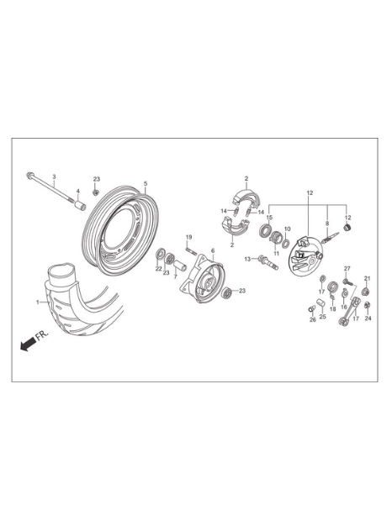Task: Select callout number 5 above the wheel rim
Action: [x=146, y=183]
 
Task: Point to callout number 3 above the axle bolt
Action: [x=54, y=176]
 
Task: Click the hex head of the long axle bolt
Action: [x=29, y=174]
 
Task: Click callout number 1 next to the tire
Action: [x=38, y=302]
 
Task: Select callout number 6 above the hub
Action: [x=213, y=250]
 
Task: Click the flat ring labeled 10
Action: [x=286, y=243]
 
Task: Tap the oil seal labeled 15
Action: [x=266, y=230]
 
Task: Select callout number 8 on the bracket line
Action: [x=327, y=224]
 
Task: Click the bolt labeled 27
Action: [x=348, y=282]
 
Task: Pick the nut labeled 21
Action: [x=367, y=292]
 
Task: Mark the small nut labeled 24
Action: [x=368, y=305]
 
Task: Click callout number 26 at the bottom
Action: [x=313, y=319]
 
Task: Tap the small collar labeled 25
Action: [x=320, y=303]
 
